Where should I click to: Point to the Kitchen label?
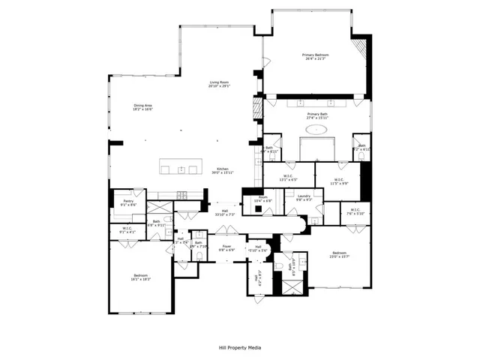pyautogui.click(x=223, y=170)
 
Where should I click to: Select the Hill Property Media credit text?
pyautogui.click(x=240, y=347)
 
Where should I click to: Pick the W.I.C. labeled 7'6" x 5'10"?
pyautogui.click(x=355, y=211)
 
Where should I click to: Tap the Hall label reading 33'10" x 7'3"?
pyautogui.click(x=225, y=213)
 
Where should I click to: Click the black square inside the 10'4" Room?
pyautogui.click(x=257, y=209)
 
